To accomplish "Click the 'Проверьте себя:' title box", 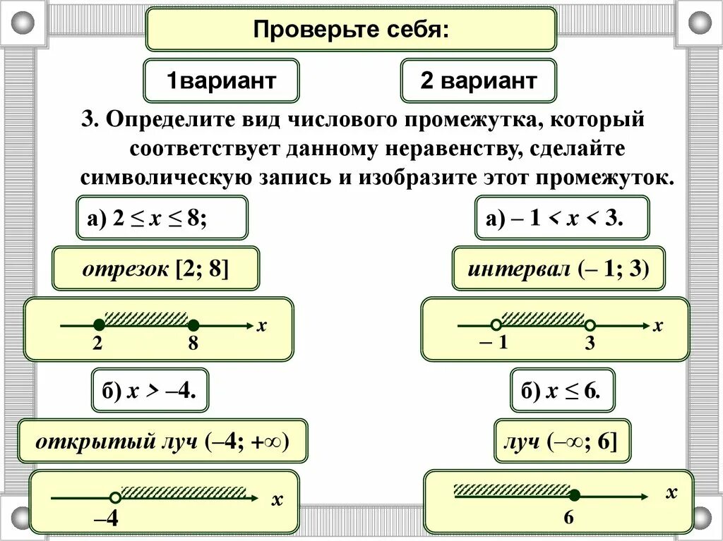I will tap(351, 30).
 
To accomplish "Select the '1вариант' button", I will tap(221, 80).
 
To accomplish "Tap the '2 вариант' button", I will tap(478, 80).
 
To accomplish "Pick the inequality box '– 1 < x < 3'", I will tap(561, 218).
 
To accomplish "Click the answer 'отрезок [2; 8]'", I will tap(155, 269).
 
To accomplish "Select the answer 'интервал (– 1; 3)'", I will tap(558, 269).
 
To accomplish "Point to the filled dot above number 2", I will tap(100, 325).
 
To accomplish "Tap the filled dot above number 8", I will tap(193, 325).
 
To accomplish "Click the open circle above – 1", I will tap(496, 325).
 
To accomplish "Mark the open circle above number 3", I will tap(590, 325).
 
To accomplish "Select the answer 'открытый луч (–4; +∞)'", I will tap(163, 442).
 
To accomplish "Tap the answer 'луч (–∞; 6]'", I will tap(562, 442).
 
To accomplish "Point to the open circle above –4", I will tap(114, 497).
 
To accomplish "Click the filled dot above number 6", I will tap(575, 495).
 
